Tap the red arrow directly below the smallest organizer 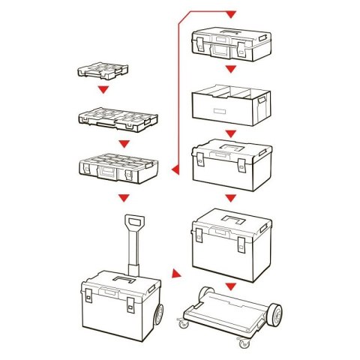(104, 91)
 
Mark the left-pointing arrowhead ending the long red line (172, 169)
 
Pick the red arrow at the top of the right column (230, 14)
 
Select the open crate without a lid (229, 105)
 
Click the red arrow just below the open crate (231, 133)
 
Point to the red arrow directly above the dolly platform (231, 285)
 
